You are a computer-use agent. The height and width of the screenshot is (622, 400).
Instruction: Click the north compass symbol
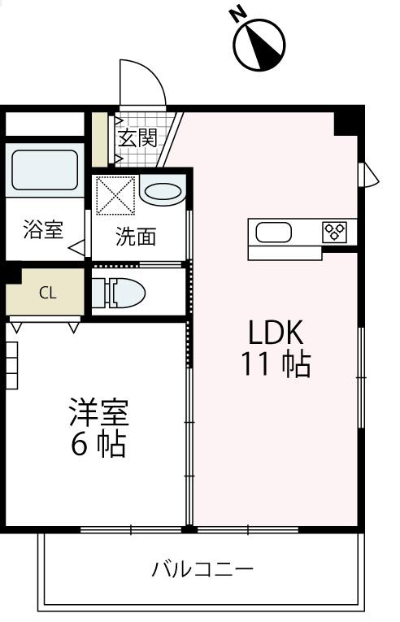point(260,46)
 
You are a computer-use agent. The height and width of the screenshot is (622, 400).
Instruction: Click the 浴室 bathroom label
point(42,229)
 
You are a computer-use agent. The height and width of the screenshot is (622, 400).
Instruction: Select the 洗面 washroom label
point(136,237)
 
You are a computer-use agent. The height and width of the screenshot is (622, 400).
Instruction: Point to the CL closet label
point(48,294)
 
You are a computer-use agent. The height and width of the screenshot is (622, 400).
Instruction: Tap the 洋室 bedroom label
point(98,413)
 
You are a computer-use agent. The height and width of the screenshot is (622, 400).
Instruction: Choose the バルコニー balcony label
point(202,568)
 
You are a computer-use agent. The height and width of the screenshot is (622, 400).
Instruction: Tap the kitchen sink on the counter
point(274,233)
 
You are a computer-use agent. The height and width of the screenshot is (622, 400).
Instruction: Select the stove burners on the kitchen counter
point(335,232)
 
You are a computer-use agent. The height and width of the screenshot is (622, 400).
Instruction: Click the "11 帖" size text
point(275,365)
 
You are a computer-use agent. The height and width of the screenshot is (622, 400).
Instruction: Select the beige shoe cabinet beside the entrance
point(98,137)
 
